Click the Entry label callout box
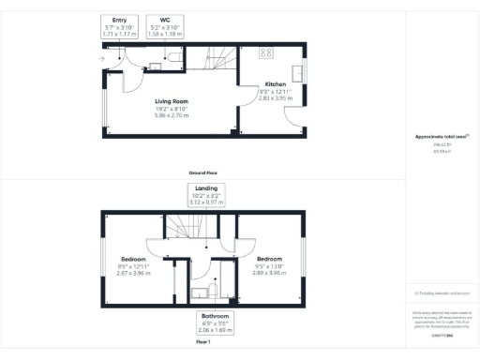(119, 26)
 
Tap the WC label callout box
(165, 26)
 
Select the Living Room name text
(172, 100)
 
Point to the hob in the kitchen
(265, 52)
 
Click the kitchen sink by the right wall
(299, 71)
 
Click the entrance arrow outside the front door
(100, 59)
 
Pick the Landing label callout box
(203, 197)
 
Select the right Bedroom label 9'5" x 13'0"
(271, 265)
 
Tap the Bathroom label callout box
(202, 323)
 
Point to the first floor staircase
(192, 229)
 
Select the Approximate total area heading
(441, 137)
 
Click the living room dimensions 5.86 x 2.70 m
(172, 115)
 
